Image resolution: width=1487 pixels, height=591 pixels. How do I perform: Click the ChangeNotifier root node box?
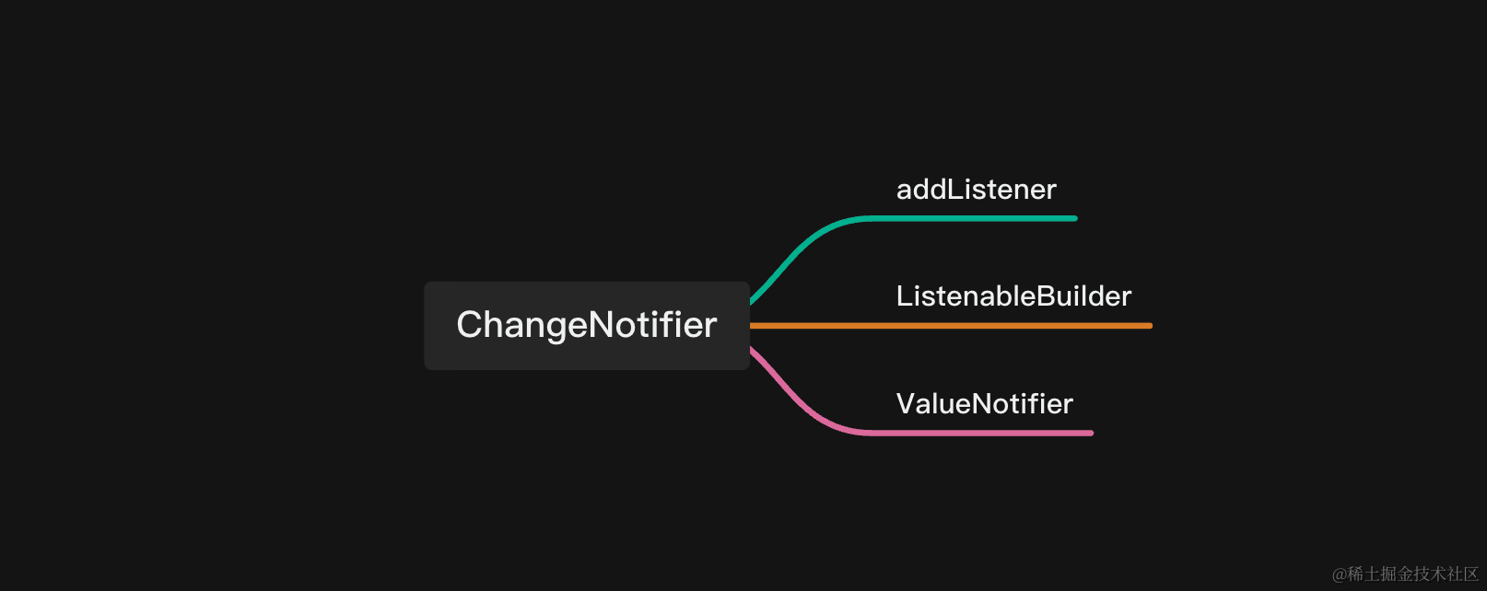[x=586, y=325]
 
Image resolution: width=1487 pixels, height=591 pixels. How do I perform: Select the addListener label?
[x=976, y=190]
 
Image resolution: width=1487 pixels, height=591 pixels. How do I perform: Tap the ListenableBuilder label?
[x=1013, y=296]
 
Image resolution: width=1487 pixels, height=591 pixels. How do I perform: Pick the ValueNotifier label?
[x=984, y=404]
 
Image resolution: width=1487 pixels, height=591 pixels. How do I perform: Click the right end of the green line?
[x=1074, y=218]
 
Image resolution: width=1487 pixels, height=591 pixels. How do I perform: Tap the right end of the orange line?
[x=1150, y=326]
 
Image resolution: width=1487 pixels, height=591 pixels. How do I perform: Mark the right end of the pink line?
[x=1091, y=433]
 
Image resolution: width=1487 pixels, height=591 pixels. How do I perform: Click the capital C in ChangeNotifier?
[x=471, y=325]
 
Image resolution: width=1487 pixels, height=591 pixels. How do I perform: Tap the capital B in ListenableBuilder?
[x=1046, y=296]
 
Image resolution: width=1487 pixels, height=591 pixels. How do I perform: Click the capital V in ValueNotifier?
[x=907, y=404]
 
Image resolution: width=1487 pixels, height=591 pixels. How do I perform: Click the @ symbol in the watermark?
[x=1339, y=574]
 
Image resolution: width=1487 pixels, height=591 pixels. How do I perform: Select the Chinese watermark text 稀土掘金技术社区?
[x=1412, y=574]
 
